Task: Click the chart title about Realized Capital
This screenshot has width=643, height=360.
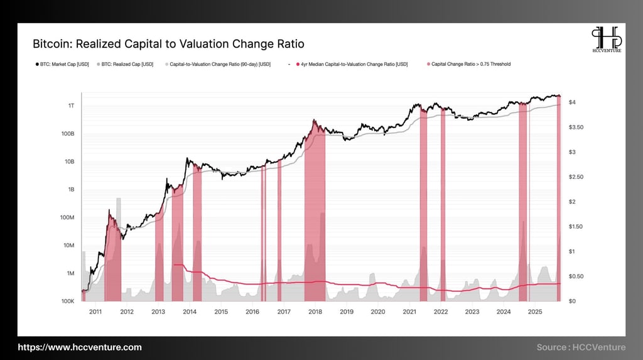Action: click(168, 44)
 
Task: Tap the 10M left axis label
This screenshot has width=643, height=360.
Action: click(68, 245)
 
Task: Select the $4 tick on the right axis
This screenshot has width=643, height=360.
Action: click(572, 102)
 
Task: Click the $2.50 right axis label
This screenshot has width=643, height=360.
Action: click(576, 177)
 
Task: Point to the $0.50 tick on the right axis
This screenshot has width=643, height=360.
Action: click(576, 276)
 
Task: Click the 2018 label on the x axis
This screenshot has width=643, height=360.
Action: click(315, 312)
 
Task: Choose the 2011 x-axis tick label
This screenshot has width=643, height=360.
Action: click(95, 312)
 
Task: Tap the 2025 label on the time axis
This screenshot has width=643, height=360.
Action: click(535, 312)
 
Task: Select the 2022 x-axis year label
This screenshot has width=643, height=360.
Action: click(441, 312)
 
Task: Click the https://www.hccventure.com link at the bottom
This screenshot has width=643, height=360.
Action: click(80, 347)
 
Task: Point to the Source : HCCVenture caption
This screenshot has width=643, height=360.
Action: click(581, 347)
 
